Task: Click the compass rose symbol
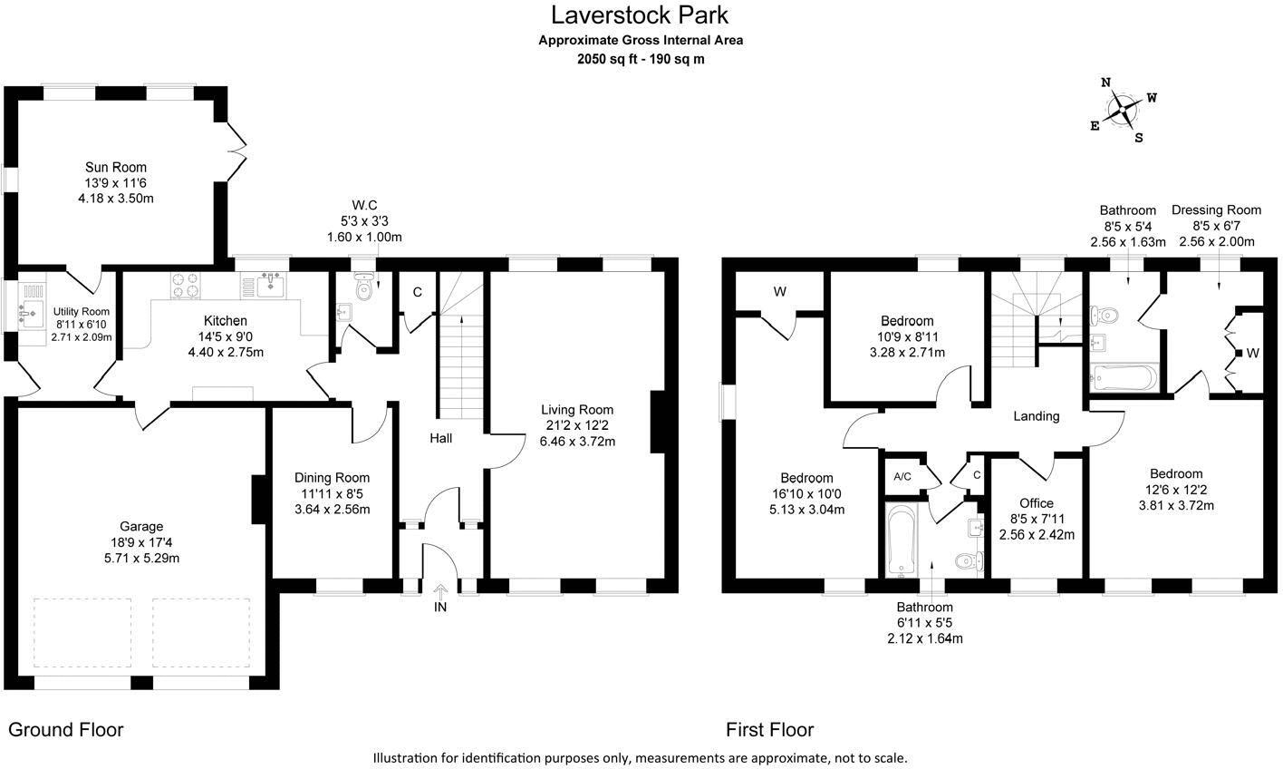1124,111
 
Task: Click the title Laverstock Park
640,15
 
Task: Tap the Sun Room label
116,167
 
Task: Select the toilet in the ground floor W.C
364,288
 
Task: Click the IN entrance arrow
440,591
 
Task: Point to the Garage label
141,526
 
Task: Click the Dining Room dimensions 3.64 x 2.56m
332,509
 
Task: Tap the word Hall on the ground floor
441,438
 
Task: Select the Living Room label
577,409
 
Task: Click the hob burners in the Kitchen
185,286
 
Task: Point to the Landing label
1036,416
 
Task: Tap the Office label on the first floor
1037,503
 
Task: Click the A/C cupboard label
902,476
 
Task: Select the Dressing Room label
1216,209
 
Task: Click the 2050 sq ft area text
640,59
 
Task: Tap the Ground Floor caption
66,729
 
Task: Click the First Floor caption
769,729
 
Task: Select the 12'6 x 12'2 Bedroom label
1175,473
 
